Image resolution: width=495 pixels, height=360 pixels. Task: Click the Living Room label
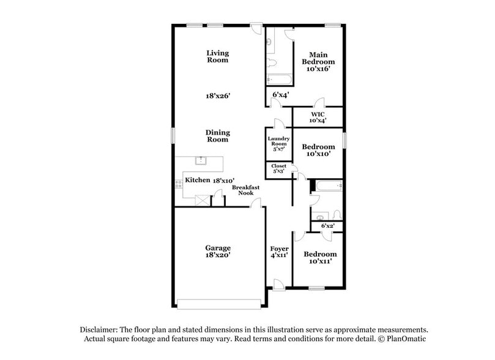pyautogui.click(x=217, y=56)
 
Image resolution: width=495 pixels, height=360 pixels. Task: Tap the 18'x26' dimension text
pyautogui.click(x=217, y=96)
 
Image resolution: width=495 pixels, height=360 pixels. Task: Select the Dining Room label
pyautogui.click(x=217, y=135)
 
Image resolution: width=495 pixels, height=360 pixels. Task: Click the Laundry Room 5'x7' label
pyautogui.click(x=278, y=143)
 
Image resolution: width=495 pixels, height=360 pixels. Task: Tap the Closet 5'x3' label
pyautogui.click(x=278, y=169)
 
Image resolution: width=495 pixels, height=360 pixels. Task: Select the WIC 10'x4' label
pyautogui.click(x=318, y=117)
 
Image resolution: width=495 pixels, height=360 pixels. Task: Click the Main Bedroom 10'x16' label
pyautogui.click(x=318, y=61)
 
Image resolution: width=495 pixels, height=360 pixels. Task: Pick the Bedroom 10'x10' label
pyautogui.click(x=318, y=151)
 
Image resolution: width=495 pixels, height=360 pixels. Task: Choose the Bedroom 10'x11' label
pyautogui.click(x=320, y=258)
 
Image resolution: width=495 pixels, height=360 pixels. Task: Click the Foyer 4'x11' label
pyautogui.click(x=279, y=253)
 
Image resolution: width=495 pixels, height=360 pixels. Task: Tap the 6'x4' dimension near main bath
pyautogui.click(x=280, y=95)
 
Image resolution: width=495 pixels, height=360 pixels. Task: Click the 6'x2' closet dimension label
pyautogui.click(x=327, y=226)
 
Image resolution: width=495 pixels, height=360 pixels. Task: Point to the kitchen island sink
pyautogui.click(x=199, y=161)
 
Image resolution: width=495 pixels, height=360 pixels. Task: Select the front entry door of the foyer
pyautogui.click(x=278, y=283)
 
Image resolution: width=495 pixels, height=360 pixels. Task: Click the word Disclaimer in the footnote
pyautogui.click(x=102, y=329)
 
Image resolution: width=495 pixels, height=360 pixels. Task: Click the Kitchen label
pyautogui.click(x=198, y=180)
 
